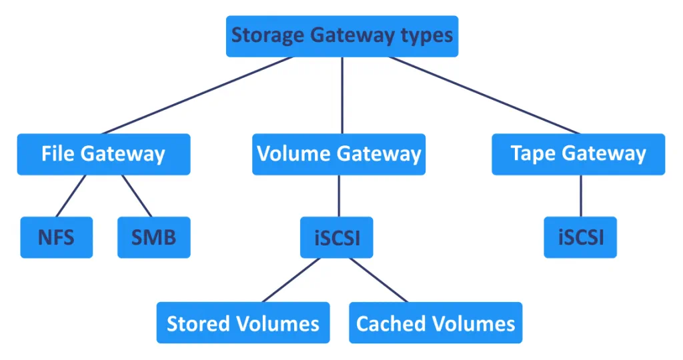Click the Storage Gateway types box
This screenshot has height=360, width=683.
coord(341,36)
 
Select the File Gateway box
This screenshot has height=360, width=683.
coord(103,154)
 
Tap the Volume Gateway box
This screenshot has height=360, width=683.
coord(339,154)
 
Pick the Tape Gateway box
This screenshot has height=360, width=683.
coord(578,154)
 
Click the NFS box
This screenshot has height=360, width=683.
coord(56,237)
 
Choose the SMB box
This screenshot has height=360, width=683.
coord(153,237)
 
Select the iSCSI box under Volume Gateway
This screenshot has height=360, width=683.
coord(337,237)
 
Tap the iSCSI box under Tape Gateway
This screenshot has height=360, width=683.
coord(580,237)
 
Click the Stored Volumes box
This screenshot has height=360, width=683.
coord(243,323)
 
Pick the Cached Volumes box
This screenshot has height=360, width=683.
coord(436,323)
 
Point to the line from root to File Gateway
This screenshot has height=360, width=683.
coord(197,95)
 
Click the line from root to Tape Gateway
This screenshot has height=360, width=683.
coord(484,95)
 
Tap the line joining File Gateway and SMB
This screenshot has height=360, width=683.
coord(137,196)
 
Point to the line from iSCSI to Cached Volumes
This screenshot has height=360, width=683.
coord(379,280)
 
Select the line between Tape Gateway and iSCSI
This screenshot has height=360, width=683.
coord(580,196)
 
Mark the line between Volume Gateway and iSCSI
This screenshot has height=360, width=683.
coord(339,196)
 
